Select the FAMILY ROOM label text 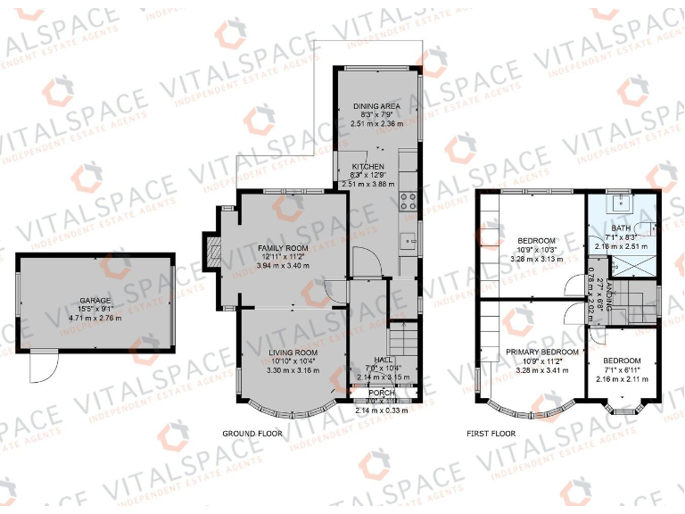(x=283, y=247)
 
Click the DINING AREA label (x=376, y=106)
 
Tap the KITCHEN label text (x=367, y=167)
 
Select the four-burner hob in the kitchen (x=409, y=201)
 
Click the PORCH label (x=382, y=393)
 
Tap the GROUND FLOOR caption (x=252, y=434)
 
